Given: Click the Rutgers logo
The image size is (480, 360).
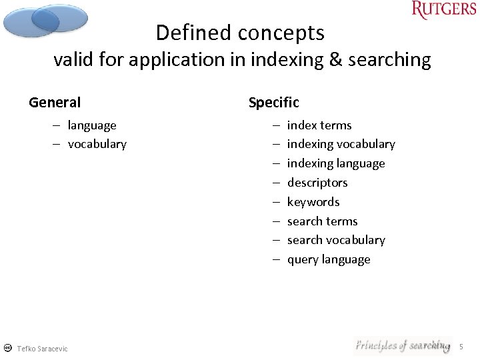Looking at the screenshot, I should pyautogui.click(x=444, y=10).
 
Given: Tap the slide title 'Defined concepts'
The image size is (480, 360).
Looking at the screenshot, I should pyautogui.click(x=240, y=33).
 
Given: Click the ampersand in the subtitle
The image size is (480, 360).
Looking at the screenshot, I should pyautogui.click(x=335, y=60).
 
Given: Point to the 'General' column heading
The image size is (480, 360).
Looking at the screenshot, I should pyautogui.click(x=55, y=103).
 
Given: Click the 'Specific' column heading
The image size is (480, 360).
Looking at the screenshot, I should pyautogui.click(x=273, y=103).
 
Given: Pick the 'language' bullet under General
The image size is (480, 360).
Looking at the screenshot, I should pyautogui.click(x=92, y=125).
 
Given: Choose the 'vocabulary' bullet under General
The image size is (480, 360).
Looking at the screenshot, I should pyautogui.click(x=97, y=144).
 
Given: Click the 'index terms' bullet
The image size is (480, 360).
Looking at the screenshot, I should pyautogui.click(x=319, y=125).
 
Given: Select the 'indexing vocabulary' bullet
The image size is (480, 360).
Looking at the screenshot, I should pyautogui.click(x=341, y=144).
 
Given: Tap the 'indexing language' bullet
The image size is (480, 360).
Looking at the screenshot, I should pyautogui.click(x=336, y=163).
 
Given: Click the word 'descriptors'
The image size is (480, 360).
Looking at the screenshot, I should pyautogui.click(x=317, y=183).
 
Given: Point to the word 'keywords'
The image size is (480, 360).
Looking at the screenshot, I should pyautogui.click(x=313, y=202).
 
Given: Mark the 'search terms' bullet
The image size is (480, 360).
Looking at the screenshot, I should pyautogui.click(x=322, y=221).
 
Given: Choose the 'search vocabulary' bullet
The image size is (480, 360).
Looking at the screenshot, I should pyautogui.click(x=336, y=240).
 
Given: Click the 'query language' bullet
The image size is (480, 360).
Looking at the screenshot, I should pyautogui.click(x=329, y=259).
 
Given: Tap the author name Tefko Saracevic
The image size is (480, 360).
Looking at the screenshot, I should pyautogui.click(x=42, y=349).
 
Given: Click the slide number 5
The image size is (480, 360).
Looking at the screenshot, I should pyautogui.click(x=461, y=347).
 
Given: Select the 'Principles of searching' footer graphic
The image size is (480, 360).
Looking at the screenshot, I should pyautogui.click(x=402, y=345).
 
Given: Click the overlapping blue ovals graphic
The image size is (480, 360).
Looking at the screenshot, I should pyautogui.click(x=45, y=20).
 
